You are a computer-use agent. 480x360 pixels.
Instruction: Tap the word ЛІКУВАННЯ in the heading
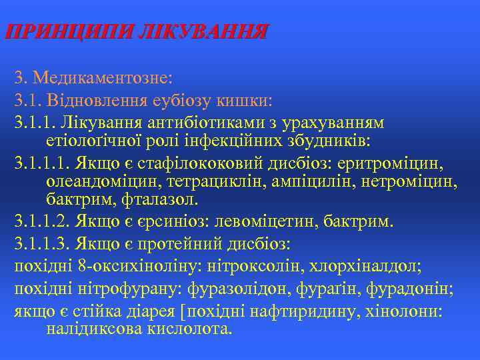205,31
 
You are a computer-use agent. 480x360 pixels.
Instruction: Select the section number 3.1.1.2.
41,221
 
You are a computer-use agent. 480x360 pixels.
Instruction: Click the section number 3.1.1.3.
41,243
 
